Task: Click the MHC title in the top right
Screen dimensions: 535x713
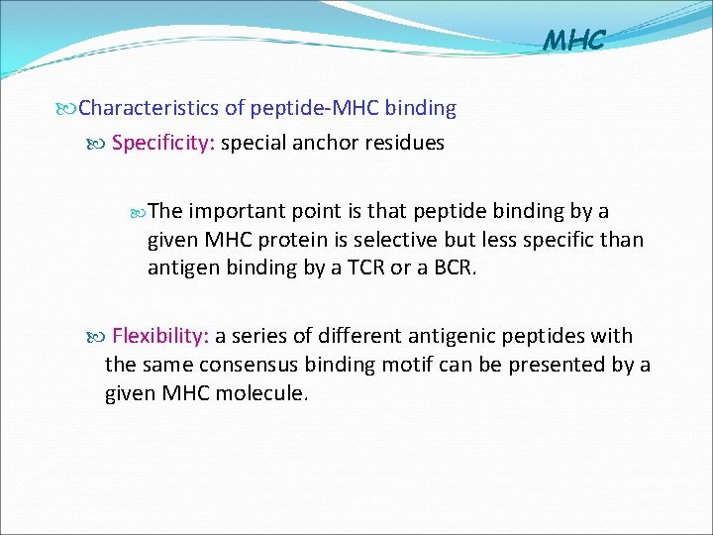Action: tap(574, 41)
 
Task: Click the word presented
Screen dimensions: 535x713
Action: tap(557, 365)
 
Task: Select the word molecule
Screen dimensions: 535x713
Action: tap(261, 393)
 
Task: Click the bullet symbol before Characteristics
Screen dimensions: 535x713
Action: tap(68, 107)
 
